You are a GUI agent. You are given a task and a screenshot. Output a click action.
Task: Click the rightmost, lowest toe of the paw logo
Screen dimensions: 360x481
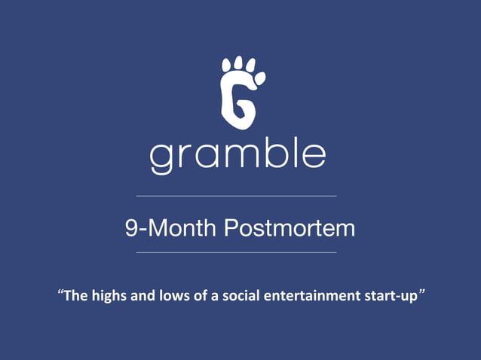(x=261, y=78)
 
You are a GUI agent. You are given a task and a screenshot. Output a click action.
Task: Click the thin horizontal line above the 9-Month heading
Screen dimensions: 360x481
(x=236, y=196)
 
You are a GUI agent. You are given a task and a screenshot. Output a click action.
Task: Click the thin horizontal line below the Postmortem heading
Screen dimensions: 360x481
(x=236, y=253)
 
